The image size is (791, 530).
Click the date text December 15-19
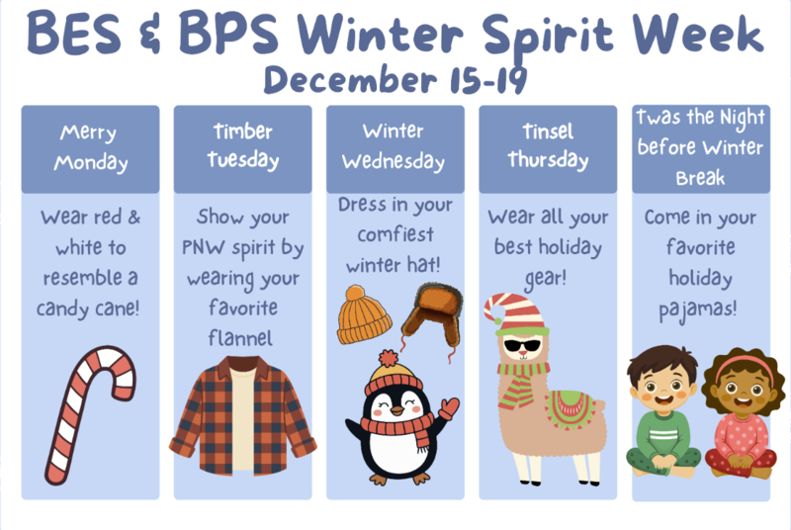click(x=395, y=78)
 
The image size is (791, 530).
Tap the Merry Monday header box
click(x=90, y=147)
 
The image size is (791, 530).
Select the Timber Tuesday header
click(x=242, y=147)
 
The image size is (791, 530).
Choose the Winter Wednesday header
click(x=395, y=147)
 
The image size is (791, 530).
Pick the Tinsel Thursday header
click(x=548, y=147)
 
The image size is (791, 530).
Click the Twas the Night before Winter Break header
click(x=700, y=147)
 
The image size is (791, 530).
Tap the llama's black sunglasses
click(x=523, y=347)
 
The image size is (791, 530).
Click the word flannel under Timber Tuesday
click(x=242, y=339)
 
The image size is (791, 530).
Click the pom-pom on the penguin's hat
click(x=389, y=357)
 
